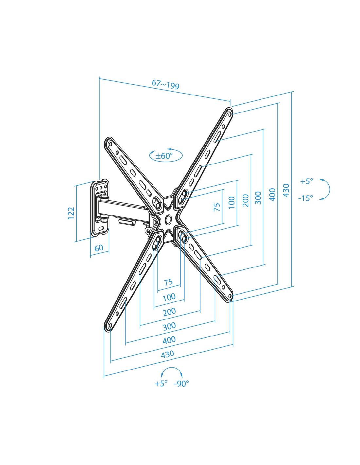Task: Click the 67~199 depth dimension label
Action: [x=166, y=84]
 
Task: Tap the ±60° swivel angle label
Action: [x=164, y=156]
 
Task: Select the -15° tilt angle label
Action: [x=306, y=198]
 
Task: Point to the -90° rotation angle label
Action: [x=182, y=384]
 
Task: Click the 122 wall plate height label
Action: [x=71, y=213]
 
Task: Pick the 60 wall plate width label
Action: [x=99, y=248]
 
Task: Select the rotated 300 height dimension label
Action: [x=258, y=198]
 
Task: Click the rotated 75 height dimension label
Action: [x=217, y=207]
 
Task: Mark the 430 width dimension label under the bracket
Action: [x=167, y=354]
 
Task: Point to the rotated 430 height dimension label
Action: [x=286, y=190]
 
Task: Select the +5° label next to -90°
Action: [x=161, y=384]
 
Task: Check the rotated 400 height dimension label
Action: [x=272, y=195]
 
